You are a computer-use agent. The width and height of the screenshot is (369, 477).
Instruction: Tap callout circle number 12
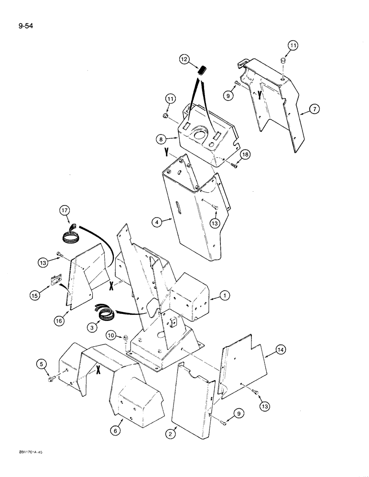pos(184,60)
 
